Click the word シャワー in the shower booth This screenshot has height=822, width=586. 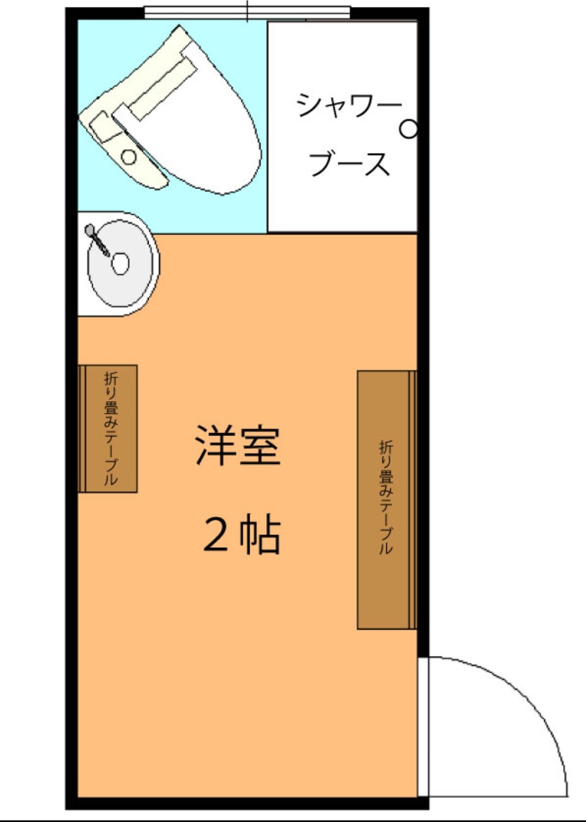tap(348, 105)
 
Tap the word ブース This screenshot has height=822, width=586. tap(349, 163)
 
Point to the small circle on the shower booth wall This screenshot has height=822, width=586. tap(409, 129)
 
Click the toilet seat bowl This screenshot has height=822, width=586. tap(198, 121)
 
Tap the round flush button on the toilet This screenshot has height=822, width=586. tap(129, 157)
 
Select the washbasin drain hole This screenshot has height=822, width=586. tap(120, 263)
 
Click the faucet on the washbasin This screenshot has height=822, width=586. tap(97, 239)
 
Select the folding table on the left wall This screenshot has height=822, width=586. tap(107, 428)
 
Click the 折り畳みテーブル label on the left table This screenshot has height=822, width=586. tap(111, 428)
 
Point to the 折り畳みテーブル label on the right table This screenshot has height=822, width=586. tap(386, 498)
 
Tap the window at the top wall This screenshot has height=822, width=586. tap(247, 12)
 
